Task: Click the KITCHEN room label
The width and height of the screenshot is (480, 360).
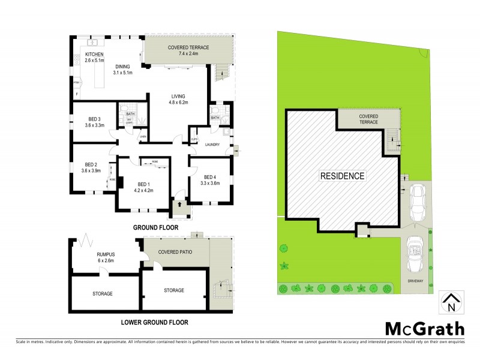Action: click(86, 58)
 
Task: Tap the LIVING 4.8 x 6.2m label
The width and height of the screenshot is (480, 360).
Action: click(177, 99)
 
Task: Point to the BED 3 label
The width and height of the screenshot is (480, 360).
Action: click(93, 122)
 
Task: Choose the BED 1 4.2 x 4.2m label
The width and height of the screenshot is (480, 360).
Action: click(144, 187)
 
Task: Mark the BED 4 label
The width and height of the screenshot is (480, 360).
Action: click(209, 180)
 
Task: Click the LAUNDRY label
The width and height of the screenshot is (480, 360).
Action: click(212, 145)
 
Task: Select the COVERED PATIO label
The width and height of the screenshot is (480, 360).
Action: click(176, 251)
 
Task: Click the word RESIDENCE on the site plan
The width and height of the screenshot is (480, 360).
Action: click(341, 176)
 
